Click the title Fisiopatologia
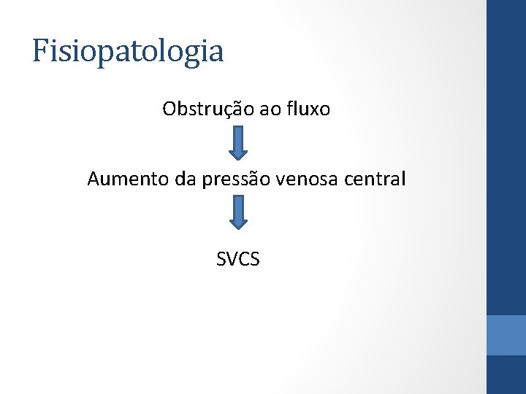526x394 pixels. coord(128,52)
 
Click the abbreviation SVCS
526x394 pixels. coord(238,258)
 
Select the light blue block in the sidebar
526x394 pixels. coord(506,335)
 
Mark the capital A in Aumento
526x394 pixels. coord(94,179)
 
